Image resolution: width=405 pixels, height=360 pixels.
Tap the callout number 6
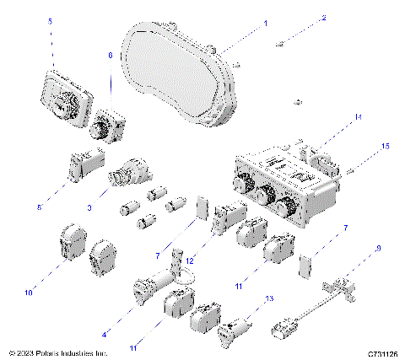point(109,55)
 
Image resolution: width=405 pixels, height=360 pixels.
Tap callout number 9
point(378,249)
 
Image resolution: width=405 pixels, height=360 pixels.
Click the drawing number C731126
point(382,353)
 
